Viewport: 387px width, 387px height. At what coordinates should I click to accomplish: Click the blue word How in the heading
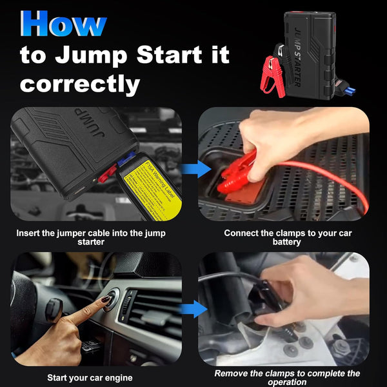(x=63, y=24)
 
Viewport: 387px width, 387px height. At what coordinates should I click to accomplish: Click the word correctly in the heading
(x=80, y=83)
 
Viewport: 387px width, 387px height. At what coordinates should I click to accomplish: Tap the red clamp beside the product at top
(x=273, y=72)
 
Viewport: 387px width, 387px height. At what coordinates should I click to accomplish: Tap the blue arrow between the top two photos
(x=195, y=170)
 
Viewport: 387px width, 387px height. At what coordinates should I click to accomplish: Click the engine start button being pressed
(x=111, y=297)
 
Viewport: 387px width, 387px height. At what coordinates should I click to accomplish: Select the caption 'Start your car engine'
(x=90, y=377)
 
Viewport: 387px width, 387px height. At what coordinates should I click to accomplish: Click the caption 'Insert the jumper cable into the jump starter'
(x=90, y=237)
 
